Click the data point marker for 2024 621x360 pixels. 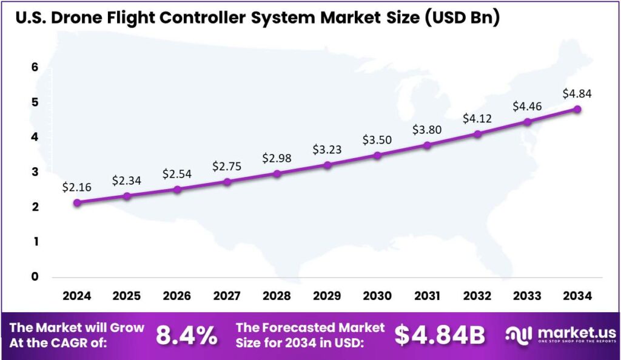point(77,202)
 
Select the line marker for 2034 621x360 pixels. point(577,109)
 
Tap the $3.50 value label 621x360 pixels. point(377,140)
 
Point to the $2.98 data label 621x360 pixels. point(277,158)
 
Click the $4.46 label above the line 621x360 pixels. point(527,107)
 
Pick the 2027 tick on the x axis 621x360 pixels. point(227,296)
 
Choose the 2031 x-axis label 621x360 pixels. point(427,296)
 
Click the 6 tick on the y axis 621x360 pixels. point(35,67)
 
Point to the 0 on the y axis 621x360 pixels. point(35,277)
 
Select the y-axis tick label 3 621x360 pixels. point(35,172)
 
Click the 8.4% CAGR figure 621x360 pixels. point(187,335)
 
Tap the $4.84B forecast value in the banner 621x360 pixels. point(440,335)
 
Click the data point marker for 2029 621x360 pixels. point(327,165)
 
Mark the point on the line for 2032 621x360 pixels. point(477,134)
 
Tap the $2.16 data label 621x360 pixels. point(77,187)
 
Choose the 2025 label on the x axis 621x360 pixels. point(127,296)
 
